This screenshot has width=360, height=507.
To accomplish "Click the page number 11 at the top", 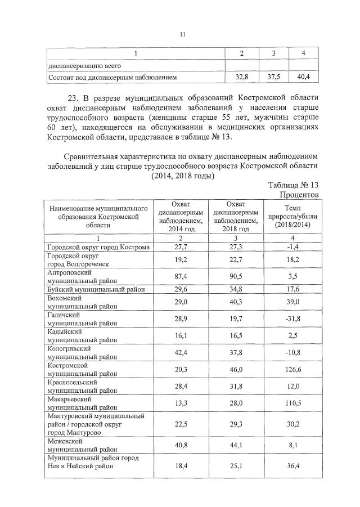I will click(x=182, y=34).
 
